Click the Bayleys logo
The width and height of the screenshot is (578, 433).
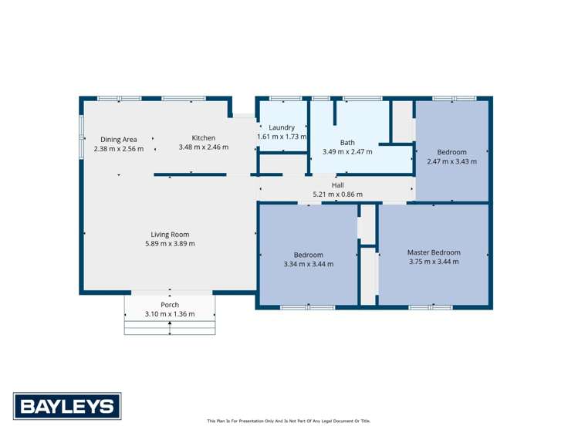tap(66, 406)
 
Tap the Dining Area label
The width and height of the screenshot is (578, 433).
tap(119, 140)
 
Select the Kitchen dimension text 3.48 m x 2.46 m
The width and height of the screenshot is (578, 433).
tap(204, 147)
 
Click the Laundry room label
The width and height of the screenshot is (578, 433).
tap(282, 127)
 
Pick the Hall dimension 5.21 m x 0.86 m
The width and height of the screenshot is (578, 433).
tap(337, 195)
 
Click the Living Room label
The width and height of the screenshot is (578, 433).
tap(170, 235)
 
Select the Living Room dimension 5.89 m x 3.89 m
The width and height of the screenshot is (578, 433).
tap(170, 244)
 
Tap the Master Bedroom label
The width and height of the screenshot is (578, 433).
tap(434, 252)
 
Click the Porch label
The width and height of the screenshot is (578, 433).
tap(170, 305)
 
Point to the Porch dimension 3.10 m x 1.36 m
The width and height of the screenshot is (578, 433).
tap(170, 314)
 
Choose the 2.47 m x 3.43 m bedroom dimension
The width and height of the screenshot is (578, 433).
tap(451, 161)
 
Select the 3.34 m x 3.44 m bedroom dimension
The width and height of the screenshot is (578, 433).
tap(309, 264)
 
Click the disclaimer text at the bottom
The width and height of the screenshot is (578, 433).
tap(289, 421)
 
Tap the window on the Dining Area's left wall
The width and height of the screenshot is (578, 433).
tap(81, 137)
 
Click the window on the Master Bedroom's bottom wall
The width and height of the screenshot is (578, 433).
tap(430, 307)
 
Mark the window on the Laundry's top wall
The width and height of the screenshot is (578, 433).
tap(286, 98)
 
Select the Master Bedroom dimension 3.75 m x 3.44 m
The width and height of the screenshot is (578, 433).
tap(434, 262)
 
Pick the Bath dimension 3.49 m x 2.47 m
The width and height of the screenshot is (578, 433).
tap(347, 152)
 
